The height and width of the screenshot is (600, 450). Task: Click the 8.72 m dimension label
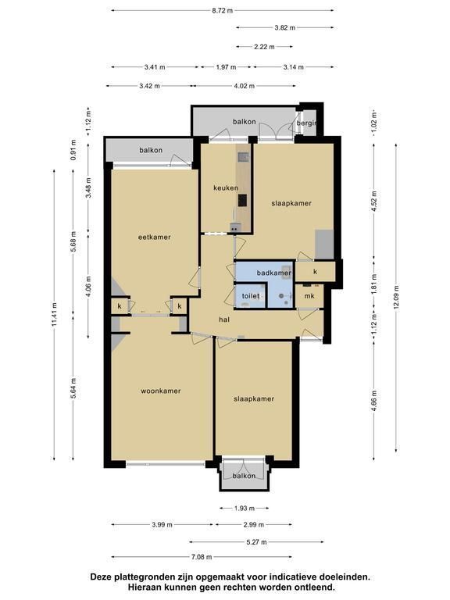223,11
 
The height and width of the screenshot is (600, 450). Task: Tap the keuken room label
226,187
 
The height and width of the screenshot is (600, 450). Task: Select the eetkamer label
154,237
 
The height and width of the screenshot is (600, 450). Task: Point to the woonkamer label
161,391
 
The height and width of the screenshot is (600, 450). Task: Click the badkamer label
274,273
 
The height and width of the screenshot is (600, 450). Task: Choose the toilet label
251,296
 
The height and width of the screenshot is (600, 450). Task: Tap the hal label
224,319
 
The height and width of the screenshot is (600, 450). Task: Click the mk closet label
309,296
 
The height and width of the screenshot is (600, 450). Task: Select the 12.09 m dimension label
396,297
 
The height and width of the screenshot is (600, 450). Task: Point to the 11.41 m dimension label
55,314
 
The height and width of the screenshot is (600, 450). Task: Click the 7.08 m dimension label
202,557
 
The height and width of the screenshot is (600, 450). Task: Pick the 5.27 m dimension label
256,542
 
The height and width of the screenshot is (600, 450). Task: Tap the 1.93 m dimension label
244,509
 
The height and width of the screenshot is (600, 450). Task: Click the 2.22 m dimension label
264,47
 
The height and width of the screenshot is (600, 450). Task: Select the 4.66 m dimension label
375,401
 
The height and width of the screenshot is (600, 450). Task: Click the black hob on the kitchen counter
242,200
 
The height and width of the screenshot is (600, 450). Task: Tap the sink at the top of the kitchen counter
243,157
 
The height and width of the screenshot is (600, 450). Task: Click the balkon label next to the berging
244,122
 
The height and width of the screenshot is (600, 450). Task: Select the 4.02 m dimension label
244,86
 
